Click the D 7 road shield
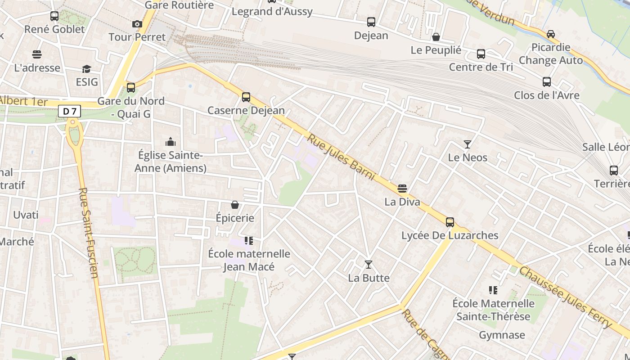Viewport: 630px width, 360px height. (69, 111)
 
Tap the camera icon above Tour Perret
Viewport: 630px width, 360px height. (137, 24)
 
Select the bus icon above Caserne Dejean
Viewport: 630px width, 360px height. (246, 97)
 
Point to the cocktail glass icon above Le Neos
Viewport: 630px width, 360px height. (468, 144)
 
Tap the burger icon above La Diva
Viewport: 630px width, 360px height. (402, 189)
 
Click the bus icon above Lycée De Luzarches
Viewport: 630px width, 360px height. (450, 222)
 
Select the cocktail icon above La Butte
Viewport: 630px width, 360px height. (369, 265)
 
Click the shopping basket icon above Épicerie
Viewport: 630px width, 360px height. (235, 205)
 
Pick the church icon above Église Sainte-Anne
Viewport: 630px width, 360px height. (171, 142)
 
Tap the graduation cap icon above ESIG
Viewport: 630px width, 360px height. (86, 69)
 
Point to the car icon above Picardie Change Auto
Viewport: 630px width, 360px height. (550, 34)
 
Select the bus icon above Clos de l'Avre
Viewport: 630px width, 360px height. (547, 82)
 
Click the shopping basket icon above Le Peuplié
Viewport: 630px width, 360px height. (436, 37)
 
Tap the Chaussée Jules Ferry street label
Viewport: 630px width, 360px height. (565, 297)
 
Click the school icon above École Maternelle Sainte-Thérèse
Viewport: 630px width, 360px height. (493, 290)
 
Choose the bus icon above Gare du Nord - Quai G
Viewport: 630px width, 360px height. (131, 87)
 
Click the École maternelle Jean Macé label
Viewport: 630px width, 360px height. (249, 260)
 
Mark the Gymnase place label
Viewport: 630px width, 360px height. (502, 335)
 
